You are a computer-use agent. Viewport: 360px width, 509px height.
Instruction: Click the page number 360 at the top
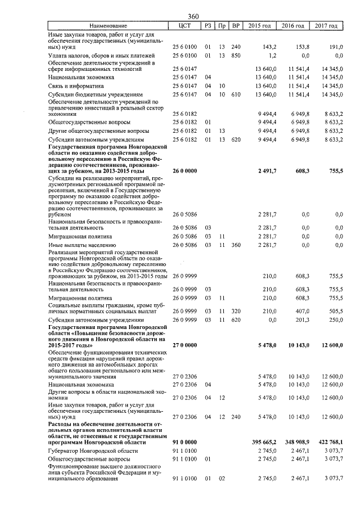(194, 16)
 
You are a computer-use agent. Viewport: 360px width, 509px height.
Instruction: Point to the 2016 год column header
(293, 26)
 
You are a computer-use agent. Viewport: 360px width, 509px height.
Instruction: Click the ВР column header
(236, 26)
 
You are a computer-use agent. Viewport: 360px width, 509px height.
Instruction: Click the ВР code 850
(236, 56)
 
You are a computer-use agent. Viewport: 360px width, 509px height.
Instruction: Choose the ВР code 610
(236, 95)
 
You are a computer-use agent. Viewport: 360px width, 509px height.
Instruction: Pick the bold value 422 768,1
(329, 443)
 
